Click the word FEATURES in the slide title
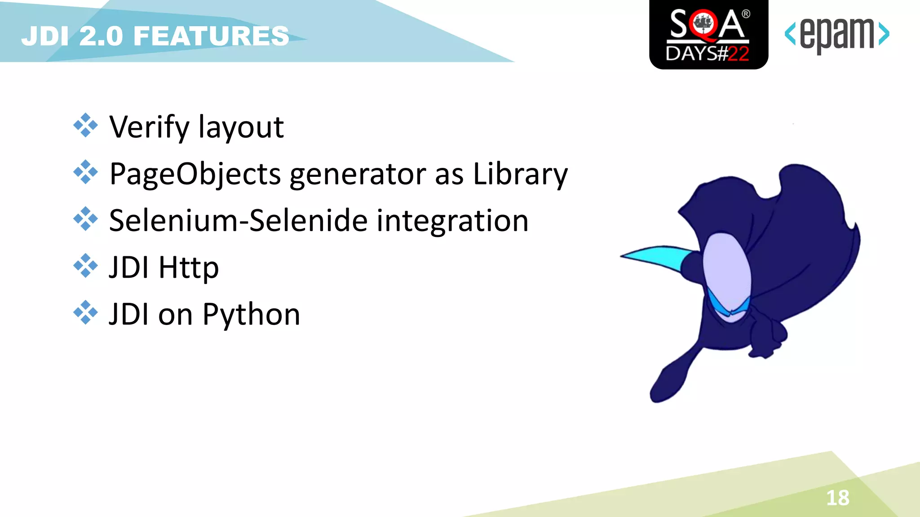coord(211,36)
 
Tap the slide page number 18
coord(838,498)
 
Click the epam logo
coord(837,35)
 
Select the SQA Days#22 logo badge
coord(708,35)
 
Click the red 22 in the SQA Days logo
coord(738,54)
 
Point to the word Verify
coord(150,127)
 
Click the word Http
coord(189,268)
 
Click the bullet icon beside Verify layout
coord(85,125)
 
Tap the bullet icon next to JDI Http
coord(85,266)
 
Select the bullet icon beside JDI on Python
coord(85,313)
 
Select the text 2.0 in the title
coord(101,36)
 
